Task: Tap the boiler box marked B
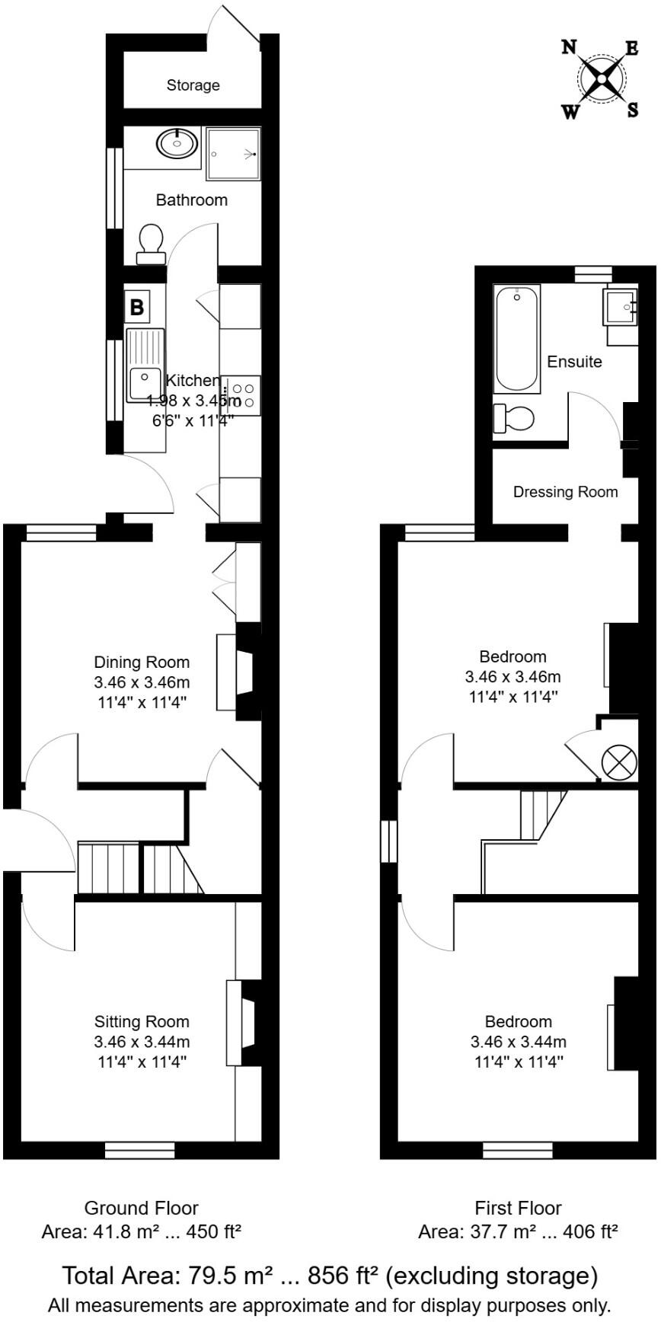[x=137, y=308]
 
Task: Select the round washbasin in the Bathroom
[x=177, y=142]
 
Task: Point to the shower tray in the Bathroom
[x=233, y=154]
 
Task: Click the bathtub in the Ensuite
[x=517, y=338]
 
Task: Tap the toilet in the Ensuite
[x=514, y=418]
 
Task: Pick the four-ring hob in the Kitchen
[x=243, y=395]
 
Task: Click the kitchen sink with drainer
[x=145, y=365]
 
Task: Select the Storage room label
[x=193, y=85]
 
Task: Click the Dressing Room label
[x=565, y=492]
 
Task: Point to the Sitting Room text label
[x=142, y=1022]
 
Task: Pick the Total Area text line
[x=329, y=1276]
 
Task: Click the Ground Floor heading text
[x=141, y=1208]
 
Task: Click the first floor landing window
[x=389, y=841]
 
